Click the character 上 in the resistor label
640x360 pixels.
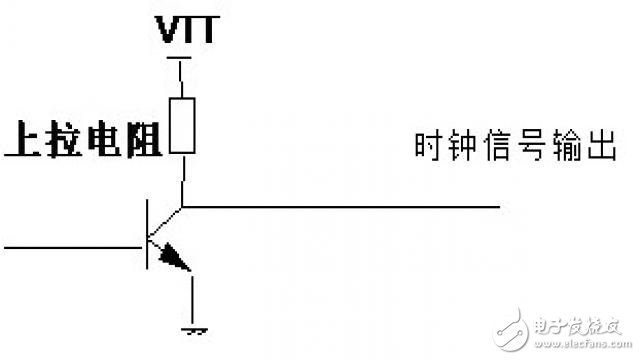click(25, 140)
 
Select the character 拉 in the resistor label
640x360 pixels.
click(65, 140)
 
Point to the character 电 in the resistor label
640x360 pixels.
click(105, 140)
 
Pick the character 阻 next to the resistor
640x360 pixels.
click(145, 140)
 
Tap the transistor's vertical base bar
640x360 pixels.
click(147, 236)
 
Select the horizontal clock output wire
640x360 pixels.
click(340, 207)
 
